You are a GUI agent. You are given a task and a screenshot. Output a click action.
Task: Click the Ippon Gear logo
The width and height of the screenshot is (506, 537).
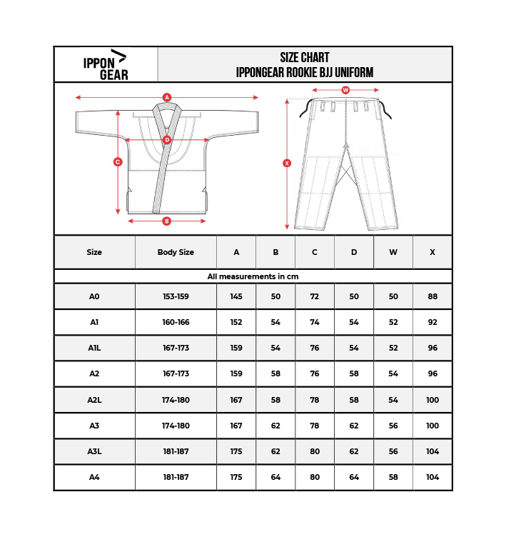coord(105,64)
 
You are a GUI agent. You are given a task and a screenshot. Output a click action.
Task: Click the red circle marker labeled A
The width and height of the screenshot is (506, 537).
coord(166,97)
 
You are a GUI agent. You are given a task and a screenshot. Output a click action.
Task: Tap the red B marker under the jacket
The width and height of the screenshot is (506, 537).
coord(166,221)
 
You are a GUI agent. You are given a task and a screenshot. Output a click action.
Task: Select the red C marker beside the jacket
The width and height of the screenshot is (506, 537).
coord(118,162)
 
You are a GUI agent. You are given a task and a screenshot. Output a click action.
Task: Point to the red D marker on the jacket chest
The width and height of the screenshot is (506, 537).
coord(167,140)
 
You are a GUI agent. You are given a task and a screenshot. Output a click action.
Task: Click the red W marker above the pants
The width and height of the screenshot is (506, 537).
coord(345,91)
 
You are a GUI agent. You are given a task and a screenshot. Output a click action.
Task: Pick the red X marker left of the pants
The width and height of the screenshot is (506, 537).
coord(287,164)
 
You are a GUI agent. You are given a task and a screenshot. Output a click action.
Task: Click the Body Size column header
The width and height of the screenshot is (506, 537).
coord(176,252)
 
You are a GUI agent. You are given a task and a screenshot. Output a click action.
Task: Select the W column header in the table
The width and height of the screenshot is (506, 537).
coord(393,252)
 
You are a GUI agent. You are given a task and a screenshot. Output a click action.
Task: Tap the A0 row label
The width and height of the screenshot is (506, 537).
coord(94,296)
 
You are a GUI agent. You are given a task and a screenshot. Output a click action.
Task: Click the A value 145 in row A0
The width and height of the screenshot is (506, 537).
coord(236,296)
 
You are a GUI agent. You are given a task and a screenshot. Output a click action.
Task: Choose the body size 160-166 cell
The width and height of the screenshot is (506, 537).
coord(176,322)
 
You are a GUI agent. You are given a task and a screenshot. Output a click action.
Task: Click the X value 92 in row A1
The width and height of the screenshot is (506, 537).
coord(432,322)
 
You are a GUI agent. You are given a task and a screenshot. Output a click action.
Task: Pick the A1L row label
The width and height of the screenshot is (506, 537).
coord(94,348)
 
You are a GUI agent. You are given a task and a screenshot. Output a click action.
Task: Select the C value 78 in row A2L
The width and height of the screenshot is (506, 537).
coord(315,400)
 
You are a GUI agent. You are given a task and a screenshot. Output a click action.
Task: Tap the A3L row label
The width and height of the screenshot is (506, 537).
coord(94,451)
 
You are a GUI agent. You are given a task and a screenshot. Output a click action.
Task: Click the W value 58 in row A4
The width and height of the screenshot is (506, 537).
coord(393,477)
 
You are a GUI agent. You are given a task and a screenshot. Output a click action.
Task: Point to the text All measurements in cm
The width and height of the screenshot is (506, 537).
coord(253,276)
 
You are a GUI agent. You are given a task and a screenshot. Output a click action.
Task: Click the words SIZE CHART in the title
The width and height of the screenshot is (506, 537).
coord(305,58)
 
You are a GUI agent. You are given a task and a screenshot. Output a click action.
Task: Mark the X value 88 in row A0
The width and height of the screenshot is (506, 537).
coord(432,296)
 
